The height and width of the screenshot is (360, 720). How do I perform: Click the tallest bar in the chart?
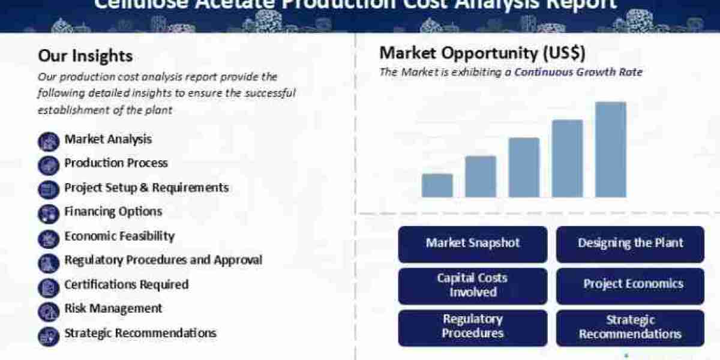[610, 149]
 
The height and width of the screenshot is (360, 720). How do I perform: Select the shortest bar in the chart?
[437, 185]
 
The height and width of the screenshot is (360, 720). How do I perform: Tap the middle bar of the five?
[524, 167]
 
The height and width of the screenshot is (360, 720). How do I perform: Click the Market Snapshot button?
[473, 244]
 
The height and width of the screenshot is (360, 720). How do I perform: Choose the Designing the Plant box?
[630, 244]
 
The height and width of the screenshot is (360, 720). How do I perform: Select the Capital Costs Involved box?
[473, 286]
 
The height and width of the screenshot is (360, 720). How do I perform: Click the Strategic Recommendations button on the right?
[630, 327]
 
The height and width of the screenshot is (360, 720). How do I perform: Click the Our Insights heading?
[85, 56]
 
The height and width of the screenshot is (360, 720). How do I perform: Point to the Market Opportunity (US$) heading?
[482, 53]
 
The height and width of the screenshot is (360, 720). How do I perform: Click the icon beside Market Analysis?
[48, 141]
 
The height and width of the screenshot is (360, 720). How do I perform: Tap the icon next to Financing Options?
[48, 213]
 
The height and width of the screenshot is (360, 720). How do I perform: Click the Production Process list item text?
[116, 163]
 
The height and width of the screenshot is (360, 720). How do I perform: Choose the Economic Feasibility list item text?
[119, 236]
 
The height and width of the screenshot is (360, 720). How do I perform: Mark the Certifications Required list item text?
[126, 284]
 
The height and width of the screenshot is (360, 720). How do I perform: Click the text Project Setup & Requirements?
[146, 187]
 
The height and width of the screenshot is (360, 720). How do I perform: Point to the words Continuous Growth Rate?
[578, 72]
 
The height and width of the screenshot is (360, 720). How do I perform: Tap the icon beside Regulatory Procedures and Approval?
[48, 262]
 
